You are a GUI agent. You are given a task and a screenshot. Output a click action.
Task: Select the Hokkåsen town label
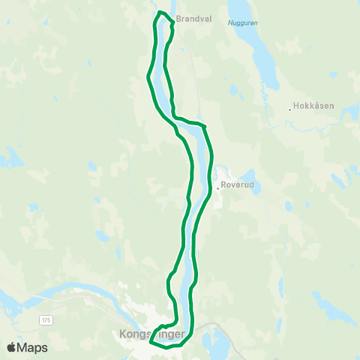click(313, 106)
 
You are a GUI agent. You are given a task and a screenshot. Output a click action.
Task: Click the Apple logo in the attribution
click(11, 347)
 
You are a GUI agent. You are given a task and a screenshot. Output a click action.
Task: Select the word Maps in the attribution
click(32, 347)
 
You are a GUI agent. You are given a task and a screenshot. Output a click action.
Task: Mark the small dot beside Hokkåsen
click(289, 110)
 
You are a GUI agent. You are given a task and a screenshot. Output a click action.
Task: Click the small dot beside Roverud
click(217, 188)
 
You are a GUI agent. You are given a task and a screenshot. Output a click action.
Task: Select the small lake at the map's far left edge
click(11, 157)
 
